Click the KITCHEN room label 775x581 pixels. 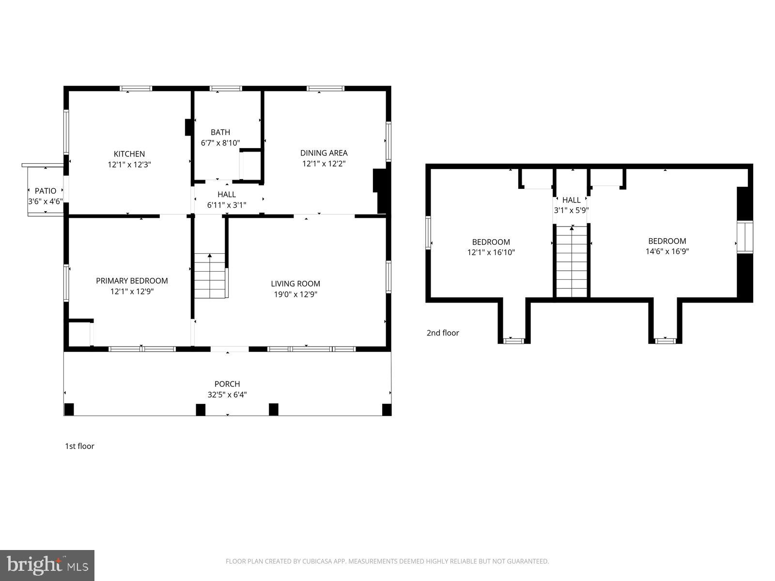click(x=129, y=154)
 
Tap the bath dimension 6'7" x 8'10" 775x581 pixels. click(x=220, y=143)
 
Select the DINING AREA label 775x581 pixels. click(x=324, y=153)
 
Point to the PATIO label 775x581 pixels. click(x=46, y=191)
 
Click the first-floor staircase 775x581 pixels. click(x=210, y=276)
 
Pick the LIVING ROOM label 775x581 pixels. click(x=295, y=284)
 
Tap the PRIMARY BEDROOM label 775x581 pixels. click(x=132, y=281)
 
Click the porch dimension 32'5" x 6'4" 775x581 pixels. click(x=227, y=395)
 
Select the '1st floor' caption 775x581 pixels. click(x=79, y=446)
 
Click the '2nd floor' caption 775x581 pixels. click(x=443, y=333)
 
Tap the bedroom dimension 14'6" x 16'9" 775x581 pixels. click(x=667, y=251)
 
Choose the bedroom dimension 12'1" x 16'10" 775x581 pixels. click(x=491, y=252)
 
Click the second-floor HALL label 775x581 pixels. click(x=572, y=200)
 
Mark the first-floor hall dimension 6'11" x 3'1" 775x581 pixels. click(x=227, y=205)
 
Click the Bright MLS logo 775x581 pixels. click(x=47, y=565)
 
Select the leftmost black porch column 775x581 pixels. click(x=69, y=409)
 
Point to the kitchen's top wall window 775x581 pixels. click(x=136, y=89)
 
